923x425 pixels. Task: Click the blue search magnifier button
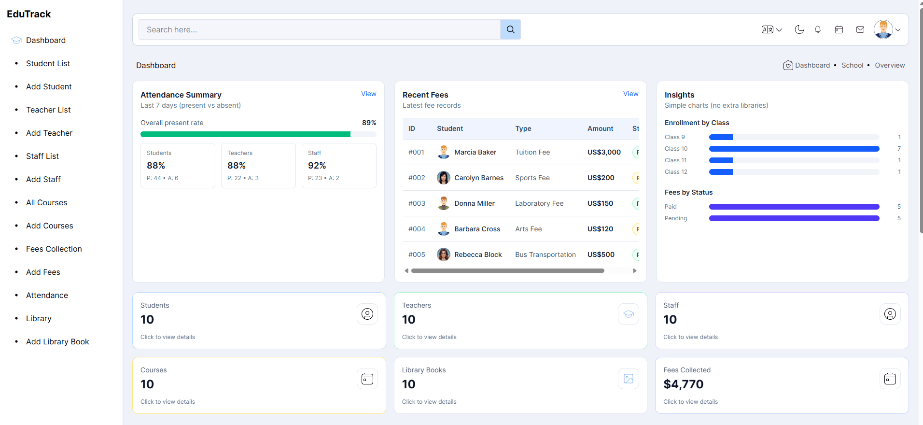tap(510, 29)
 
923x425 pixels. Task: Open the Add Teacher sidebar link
tap(49, 133)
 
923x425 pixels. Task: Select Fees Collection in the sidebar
tap(54, 249)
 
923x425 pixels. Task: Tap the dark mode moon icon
tap(799, 29)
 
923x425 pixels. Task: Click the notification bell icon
tap(818, 29)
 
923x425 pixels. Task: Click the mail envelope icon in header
tap(860, 29)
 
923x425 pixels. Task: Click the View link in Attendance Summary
tap(368, 94)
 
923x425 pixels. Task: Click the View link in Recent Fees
tap(630, 94)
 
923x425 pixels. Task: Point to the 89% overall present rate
tap(369, 123)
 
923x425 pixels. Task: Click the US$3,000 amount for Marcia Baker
tap(604, 152)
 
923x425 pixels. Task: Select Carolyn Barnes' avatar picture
tap(443, 178)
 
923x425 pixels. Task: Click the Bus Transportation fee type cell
tap(545, 255)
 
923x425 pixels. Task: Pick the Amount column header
tap(600, 128)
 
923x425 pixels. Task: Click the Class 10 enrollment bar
tap(794, 149)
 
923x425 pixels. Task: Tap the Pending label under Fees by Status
tap(675, 218)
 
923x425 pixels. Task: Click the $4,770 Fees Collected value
tap(683, 384)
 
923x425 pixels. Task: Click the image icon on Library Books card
tap(628, 379)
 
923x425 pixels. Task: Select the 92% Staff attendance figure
tap(317, 166)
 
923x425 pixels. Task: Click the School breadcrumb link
tap(852, 65)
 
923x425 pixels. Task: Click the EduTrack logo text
tap(29, 14)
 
